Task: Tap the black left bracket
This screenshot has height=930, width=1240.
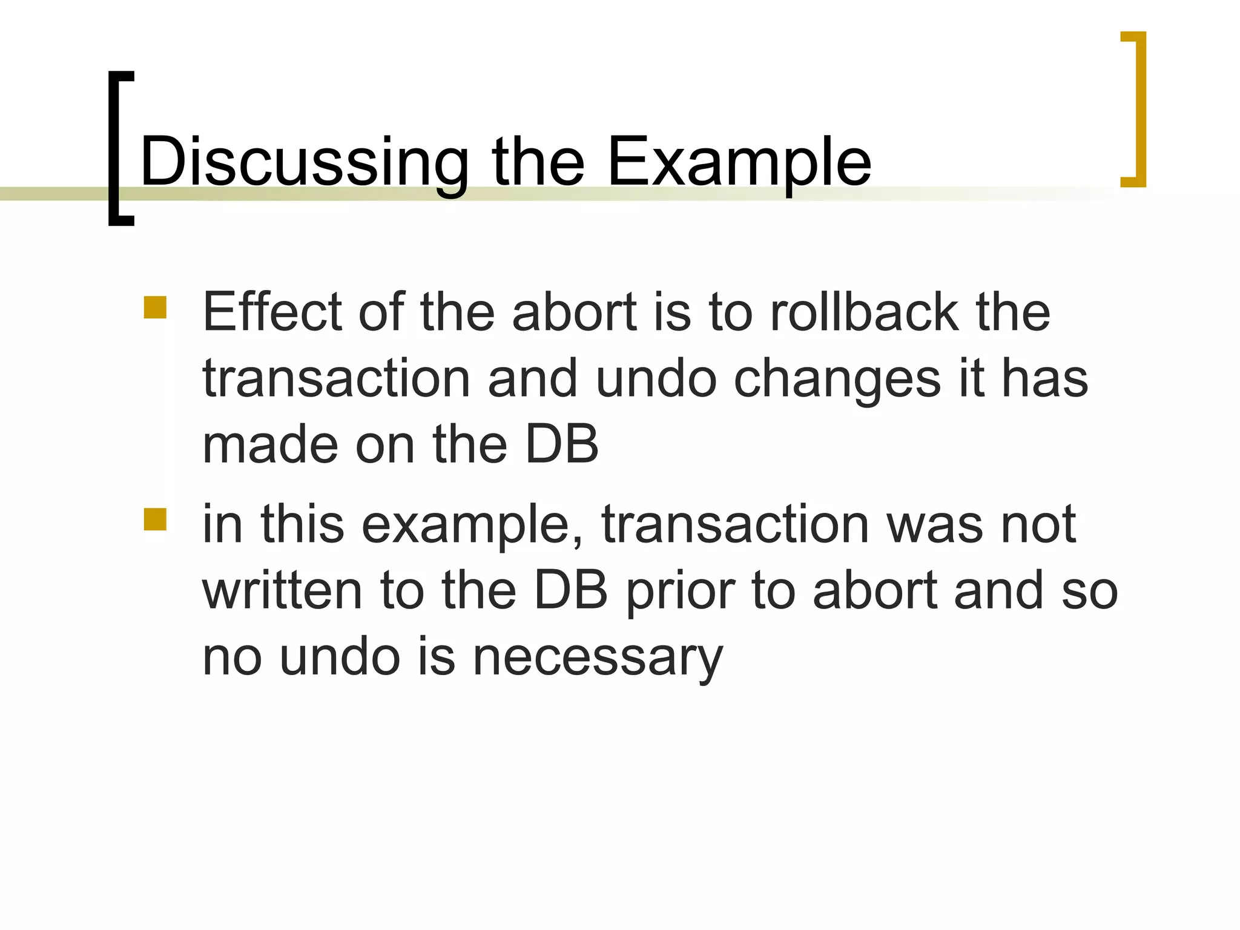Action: pyautogui.click(x=114, y=148)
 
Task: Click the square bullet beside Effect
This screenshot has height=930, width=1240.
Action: pyautogui.click(x=155, y=307)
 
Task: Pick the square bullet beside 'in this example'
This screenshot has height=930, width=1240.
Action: pyautogui.click(x=155, y=519)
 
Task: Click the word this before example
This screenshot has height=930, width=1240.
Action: pyautogui.click(x=302, y=524)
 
